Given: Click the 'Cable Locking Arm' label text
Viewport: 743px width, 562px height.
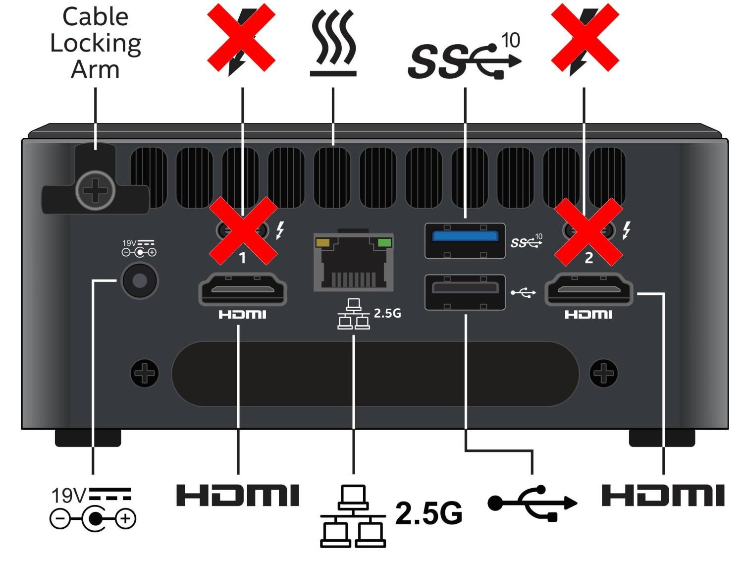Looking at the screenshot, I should tap(95, 43).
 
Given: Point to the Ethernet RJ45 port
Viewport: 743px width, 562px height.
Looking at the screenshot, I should tap(354, 263).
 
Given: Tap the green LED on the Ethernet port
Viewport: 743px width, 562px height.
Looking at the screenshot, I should tap(384, 243).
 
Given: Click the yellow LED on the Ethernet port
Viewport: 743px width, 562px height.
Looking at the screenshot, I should tap(322, 243).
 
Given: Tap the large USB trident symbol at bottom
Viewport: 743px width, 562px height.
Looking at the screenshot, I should tap(532, 504).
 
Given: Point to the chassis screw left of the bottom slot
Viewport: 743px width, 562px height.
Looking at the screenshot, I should tap(145, 373).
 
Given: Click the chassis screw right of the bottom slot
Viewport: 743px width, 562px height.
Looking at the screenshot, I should tap(604, 373).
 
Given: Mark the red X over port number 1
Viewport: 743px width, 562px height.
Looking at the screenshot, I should tap(243, 231).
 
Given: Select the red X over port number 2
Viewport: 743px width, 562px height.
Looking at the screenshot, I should tap(588, 231).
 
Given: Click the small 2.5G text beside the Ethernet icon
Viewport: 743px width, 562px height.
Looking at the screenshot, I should tap(387, 313).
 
